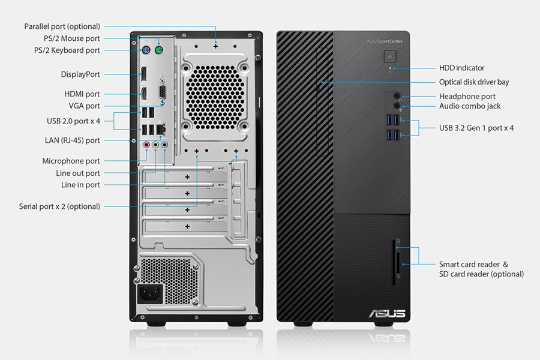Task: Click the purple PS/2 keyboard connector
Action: tap(146, 50)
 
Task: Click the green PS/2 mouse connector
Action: tap(159, 50)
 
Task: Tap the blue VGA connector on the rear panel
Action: tap(162, 92)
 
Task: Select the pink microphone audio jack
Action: tap(146, 145)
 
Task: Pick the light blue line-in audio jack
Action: tap(164, 145)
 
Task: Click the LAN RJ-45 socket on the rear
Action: tap(161, 129)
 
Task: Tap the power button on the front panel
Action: tap(390, 56)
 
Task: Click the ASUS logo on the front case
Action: tap(387, 313)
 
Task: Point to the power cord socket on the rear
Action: tap(150, 293)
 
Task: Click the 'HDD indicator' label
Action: tap(461, 68)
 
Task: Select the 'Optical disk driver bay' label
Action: tap(474, 82)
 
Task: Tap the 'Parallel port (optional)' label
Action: tap(62, 26)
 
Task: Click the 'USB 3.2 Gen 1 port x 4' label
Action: tap(476, 128)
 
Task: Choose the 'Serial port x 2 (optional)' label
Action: tap(59, 206)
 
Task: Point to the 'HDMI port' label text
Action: tap(82, 94)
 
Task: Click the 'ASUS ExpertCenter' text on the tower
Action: tap(385, 41)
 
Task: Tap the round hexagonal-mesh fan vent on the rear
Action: tap(215, 97)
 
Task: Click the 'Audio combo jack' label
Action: tap(470, 106)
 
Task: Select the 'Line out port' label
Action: tap(78, 173)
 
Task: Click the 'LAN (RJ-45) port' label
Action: tap(73, 140)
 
